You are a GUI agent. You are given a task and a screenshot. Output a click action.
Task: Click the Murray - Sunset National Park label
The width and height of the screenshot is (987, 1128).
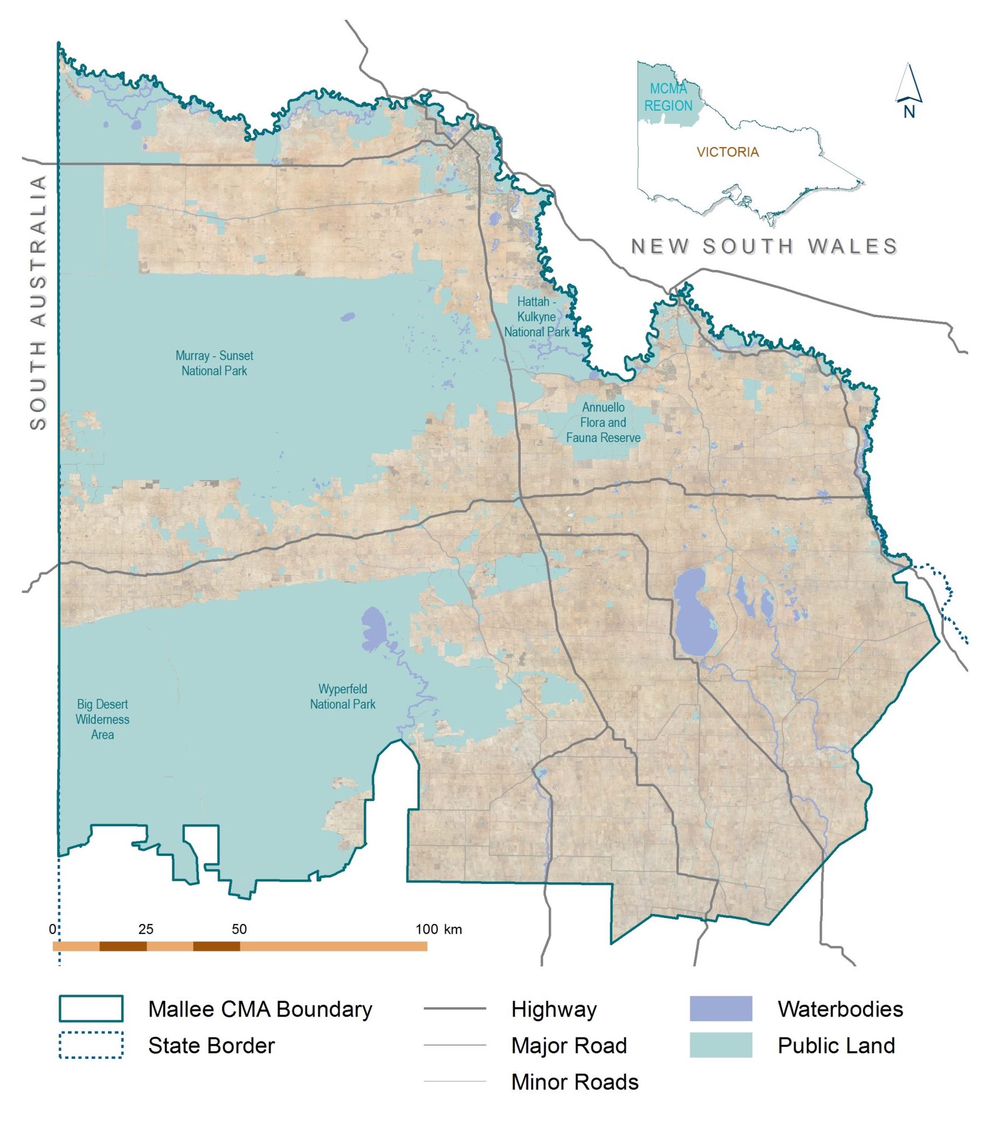pos(215,363)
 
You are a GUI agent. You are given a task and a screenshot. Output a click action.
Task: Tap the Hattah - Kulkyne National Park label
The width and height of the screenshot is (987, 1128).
pos(537,317)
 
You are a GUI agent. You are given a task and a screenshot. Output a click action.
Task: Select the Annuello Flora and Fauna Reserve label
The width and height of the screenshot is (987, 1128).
pos(603,422)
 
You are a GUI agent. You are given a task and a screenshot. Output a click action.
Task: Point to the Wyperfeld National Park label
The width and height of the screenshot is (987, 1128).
pos(342,696)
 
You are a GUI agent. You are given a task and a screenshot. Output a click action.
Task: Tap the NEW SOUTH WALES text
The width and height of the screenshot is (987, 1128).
pos(764,246)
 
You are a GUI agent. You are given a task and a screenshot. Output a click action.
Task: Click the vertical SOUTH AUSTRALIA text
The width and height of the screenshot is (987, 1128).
pos(38,303)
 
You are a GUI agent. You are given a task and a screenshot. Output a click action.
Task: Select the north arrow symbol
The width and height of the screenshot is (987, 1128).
pos(909,91)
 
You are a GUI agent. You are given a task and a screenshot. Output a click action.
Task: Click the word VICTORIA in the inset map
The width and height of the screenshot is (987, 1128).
pos(727,152)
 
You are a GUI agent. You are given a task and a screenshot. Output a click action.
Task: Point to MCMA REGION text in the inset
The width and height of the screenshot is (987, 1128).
pos(668,97)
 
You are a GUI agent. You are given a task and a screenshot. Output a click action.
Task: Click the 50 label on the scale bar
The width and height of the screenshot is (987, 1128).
pos(239,929)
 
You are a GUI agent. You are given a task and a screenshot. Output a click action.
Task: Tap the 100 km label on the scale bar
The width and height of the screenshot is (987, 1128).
pos(438,929)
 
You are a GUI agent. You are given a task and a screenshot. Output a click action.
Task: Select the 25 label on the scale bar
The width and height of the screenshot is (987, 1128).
pos(146,929)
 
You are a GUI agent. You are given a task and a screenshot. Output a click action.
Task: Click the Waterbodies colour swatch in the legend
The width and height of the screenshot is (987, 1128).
pos(720,1008)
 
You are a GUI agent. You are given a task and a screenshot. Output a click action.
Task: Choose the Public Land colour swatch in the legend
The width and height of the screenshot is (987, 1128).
pos(720,1045)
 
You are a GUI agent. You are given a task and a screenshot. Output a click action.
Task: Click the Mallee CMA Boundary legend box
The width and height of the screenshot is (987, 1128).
pos(91,1008)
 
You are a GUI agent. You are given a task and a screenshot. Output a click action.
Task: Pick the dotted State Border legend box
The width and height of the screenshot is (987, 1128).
pos(91,1045)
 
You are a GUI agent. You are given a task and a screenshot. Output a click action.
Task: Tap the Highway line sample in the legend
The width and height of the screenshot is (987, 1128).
pos(454,1008)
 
